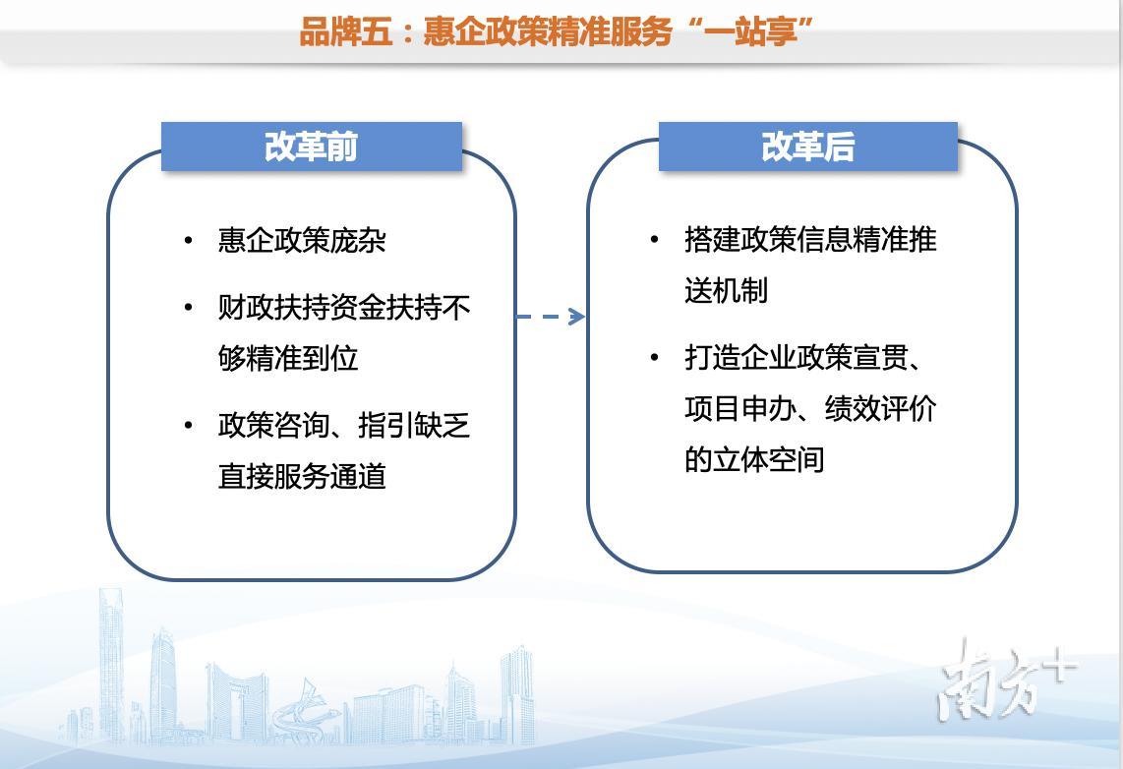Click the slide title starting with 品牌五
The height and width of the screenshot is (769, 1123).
coord(556,31)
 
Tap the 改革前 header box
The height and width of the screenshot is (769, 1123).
coord(312,147)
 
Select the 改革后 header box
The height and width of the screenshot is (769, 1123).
coord(808,147)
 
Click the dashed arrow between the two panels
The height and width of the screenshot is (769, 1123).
coord(550,317)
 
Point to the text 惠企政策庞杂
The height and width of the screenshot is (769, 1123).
coord(302,241)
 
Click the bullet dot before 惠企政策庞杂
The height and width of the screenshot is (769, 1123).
coord(189,241)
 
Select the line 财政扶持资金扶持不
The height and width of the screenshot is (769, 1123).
coord(344,307)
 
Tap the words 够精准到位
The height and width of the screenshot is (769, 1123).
coord(288,358)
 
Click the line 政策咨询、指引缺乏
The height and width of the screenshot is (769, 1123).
coord(344,426)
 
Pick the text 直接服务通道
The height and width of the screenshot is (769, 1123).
coord(302,476)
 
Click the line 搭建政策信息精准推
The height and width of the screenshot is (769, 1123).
coord(810,239)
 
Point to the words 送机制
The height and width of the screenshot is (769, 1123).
coord(726,291)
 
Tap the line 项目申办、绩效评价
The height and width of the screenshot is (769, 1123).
coord(810,408)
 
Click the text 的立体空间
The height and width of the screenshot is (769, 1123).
coord(753,459)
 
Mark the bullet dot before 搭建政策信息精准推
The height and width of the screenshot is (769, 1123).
coord(654,239)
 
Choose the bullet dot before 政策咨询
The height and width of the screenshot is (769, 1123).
coord(189,426)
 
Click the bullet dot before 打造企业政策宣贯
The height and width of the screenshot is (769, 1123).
coord(654,357)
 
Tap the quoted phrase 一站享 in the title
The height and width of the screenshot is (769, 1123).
coord(750,31)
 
